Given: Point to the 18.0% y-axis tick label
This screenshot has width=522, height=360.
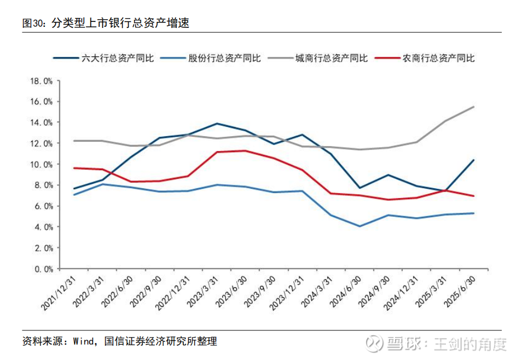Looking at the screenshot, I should (x=40, y=81).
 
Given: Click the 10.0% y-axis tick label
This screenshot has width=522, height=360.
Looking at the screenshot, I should (x=40, y=165).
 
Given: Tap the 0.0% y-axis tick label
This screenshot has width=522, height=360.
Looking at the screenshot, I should (x=42, y=269).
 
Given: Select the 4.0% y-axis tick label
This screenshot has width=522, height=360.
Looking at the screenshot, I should (x=42, y=227).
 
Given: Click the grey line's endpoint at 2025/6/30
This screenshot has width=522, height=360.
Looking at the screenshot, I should (x=474, y=107).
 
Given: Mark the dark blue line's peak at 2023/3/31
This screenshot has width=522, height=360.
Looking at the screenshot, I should (x=217, y=124).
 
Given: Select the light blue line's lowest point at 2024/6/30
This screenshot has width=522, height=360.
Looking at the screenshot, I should (x=359, y=226).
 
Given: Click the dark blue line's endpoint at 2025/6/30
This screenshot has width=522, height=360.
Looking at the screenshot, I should (x=474, y=160).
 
